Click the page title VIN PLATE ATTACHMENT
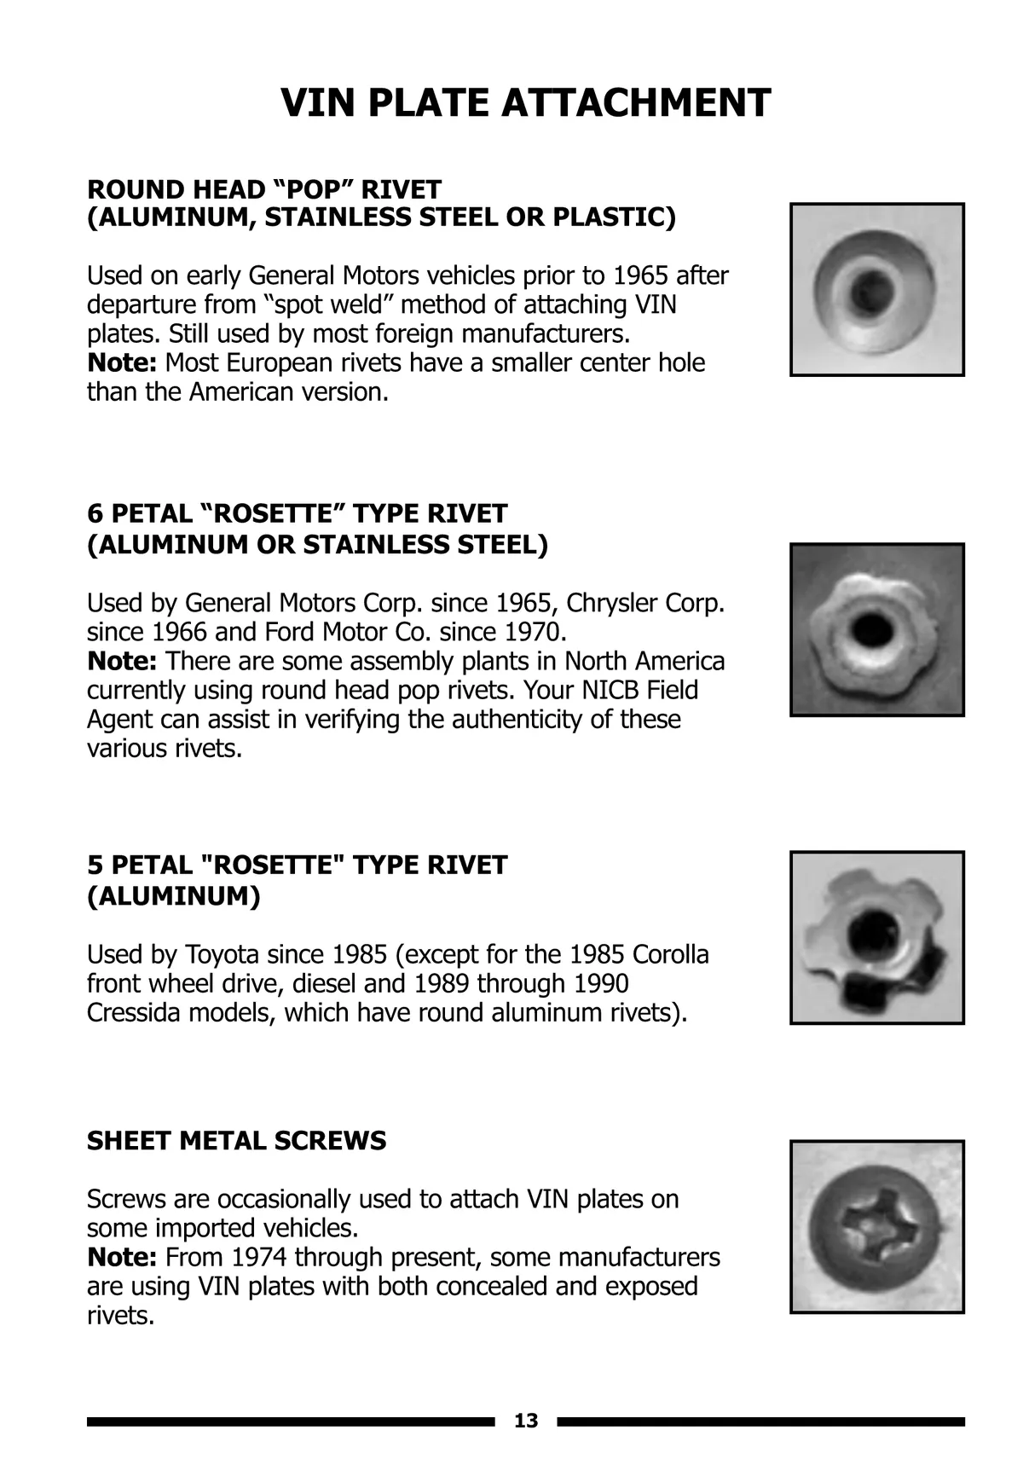[x=525, y=103]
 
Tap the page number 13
[x=526, y=1421]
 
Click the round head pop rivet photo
[x=876, y=289]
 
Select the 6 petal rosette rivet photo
[x=876, y=629]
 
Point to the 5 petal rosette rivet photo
[x=876, y=937]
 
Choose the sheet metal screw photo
[x=876, y=1226]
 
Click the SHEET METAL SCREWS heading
[x=236, y=1140]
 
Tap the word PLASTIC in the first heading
[x=614, y=217]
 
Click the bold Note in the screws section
[x=121, y=1257]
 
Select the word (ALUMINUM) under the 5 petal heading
[x=173, y=896]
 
